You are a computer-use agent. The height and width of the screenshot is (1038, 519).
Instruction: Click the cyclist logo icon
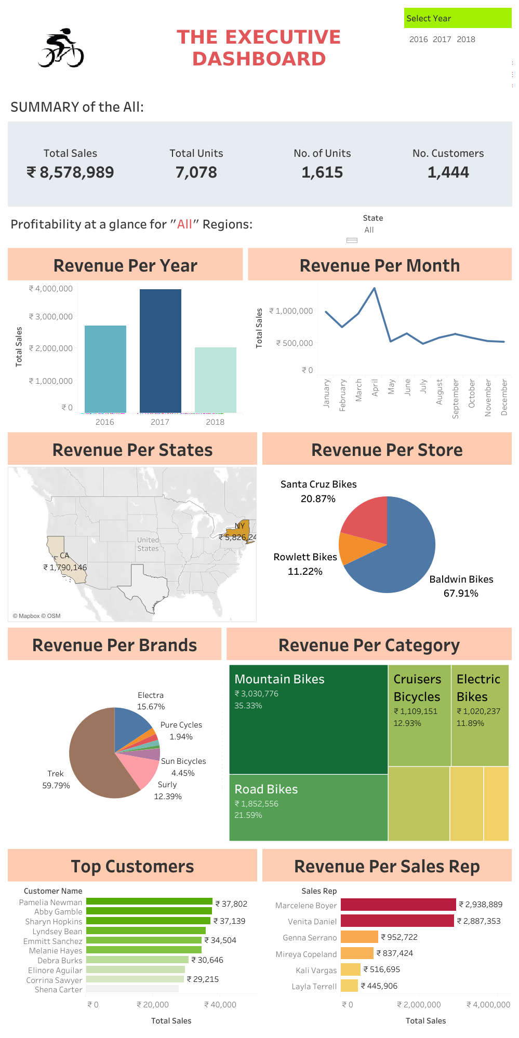pos(61,48)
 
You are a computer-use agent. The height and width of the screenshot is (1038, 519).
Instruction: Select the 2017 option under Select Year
pos(442,39)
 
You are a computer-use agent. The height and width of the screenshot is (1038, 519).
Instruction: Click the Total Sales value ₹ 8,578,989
pos(70,172)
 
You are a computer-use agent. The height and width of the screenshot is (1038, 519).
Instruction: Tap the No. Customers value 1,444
pos(448,172)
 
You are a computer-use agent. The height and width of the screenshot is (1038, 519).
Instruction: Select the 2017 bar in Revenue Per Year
pos(160,351)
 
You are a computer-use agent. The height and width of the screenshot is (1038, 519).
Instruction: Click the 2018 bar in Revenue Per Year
pos(215,380)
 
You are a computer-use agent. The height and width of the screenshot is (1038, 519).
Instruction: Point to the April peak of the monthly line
pos(375,288)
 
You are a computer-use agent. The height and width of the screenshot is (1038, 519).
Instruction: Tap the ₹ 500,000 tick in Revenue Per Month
pos(295,343)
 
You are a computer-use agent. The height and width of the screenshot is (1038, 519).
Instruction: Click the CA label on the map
pos(64,556)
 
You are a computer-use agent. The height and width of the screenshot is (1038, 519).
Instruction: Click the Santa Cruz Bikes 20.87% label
pos(318,491)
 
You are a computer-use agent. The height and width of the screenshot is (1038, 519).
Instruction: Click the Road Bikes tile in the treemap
pos(308,807)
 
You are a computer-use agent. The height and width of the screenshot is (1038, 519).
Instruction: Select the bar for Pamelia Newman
pos(149,901)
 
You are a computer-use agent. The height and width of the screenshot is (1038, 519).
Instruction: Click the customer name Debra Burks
pos(60,961)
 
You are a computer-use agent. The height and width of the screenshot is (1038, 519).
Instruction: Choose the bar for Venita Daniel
pos(397,921)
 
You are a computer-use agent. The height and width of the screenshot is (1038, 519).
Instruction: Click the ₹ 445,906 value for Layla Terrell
pos(379,986)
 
